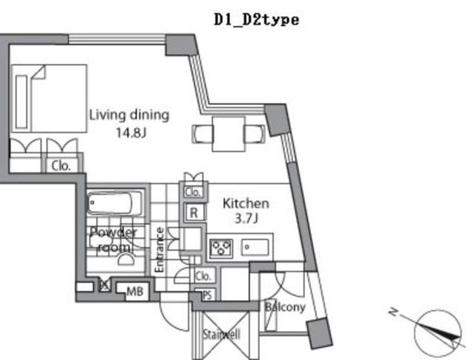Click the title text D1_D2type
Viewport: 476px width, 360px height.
[256, 20]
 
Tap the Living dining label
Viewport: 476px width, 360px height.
[129, 115]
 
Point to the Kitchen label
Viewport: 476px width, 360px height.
[246, 203]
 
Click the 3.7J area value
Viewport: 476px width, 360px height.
[246, 218]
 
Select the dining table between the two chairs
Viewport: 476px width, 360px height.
[229, 132]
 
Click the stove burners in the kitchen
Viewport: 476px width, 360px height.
[221, 247]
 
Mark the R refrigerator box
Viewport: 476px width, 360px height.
[193, 212]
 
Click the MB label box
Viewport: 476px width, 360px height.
[134, 291]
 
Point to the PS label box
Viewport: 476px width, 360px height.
[207, 294]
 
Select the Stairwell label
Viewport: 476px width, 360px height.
[222, 335]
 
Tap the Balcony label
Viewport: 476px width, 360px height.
[285, 306]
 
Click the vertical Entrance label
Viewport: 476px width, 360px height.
[158, 249]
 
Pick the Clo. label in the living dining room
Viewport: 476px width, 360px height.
[60, 167]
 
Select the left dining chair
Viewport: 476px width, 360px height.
[204, 134]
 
